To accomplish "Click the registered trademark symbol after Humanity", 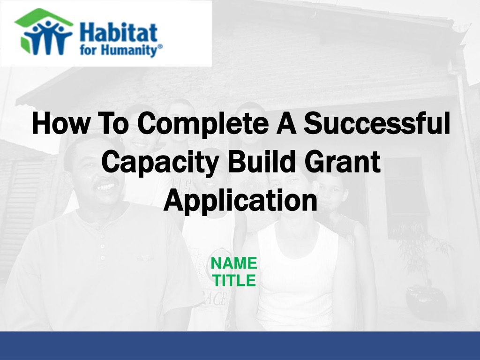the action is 160,47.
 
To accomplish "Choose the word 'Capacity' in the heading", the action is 160,163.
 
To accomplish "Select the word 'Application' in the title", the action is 240,201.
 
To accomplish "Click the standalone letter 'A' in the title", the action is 286,123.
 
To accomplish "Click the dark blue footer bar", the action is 240,345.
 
